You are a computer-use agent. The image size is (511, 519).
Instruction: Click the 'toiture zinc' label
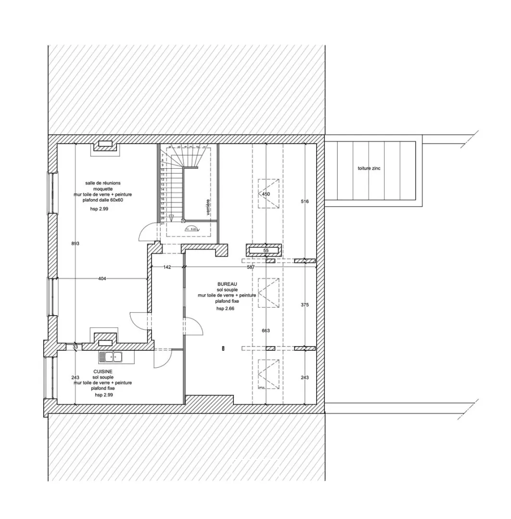tap(369, 169)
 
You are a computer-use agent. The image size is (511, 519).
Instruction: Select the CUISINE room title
tap(103, 371)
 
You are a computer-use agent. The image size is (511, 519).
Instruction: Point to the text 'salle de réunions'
tap(103, 183)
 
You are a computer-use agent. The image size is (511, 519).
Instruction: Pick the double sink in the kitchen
tap(111, 357)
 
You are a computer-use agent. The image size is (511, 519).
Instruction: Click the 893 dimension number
tap(76, 244)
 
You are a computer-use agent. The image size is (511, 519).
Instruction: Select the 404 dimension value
tap(102, 279)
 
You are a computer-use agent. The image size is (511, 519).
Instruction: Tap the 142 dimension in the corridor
tap(167, 267)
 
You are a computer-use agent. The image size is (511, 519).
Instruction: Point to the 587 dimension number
tap(251, 267)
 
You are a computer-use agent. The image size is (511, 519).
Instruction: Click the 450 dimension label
tap(266, 194)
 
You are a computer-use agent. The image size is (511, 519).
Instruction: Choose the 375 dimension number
tap(304, 305)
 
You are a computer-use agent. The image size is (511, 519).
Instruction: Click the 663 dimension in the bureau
tap(266, 331)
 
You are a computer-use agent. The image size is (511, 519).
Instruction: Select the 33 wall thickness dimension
tap(75, 346)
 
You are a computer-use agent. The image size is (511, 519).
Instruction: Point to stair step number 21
tap(163, 223)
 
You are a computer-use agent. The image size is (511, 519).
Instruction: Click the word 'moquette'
tap(102, 189)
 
